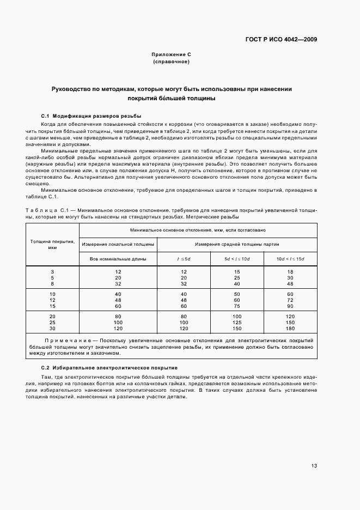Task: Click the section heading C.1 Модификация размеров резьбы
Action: pos(91,116)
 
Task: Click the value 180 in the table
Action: pos(290,329)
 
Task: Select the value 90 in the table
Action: pos(290,306)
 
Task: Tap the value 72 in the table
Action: pos(290,300)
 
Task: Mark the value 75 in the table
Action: pos(237,306)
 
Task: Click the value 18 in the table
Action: pos(290,271)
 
